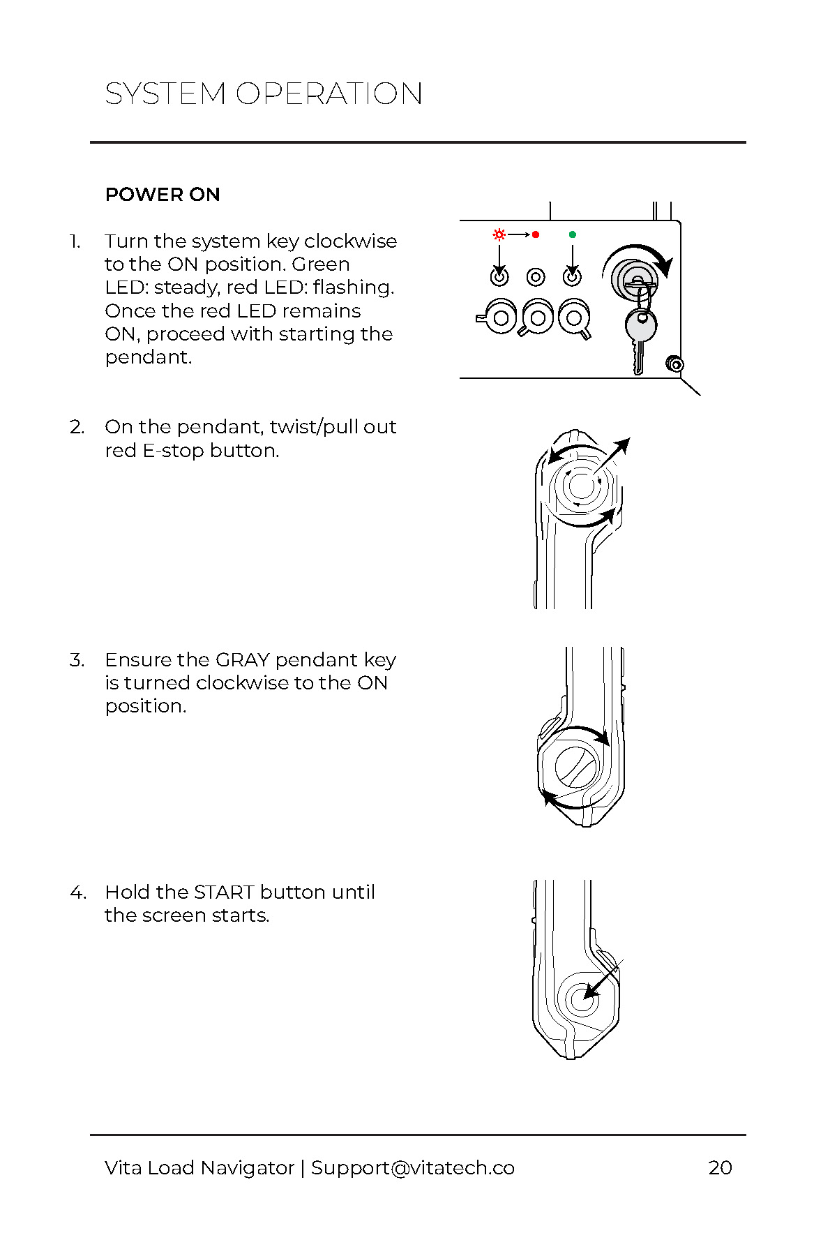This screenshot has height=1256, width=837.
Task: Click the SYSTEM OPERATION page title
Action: point(264,94)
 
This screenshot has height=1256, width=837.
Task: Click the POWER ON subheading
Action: point(163,195)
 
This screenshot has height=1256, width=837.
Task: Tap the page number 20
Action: point(720,1167)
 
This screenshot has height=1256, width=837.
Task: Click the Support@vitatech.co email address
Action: point(413,1167)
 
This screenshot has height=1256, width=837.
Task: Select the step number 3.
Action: point(77,660)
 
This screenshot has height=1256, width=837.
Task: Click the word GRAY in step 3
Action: point(242,660)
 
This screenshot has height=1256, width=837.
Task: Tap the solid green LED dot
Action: point(573,234)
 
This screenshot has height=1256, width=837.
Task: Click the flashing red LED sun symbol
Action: point(499,234)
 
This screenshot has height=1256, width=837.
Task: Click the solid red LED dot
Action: point(536,234)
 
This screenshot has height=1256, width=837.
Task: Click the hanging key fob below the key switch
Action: point(640,327)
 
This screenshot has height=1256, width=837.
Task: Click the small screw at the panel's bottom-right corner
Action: point(674,364)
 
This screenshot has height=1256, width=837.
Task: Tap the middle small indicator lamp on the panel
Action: point(536,277)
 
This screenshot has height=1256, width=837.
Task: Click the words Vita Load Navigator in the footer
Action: point(199,1167)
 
